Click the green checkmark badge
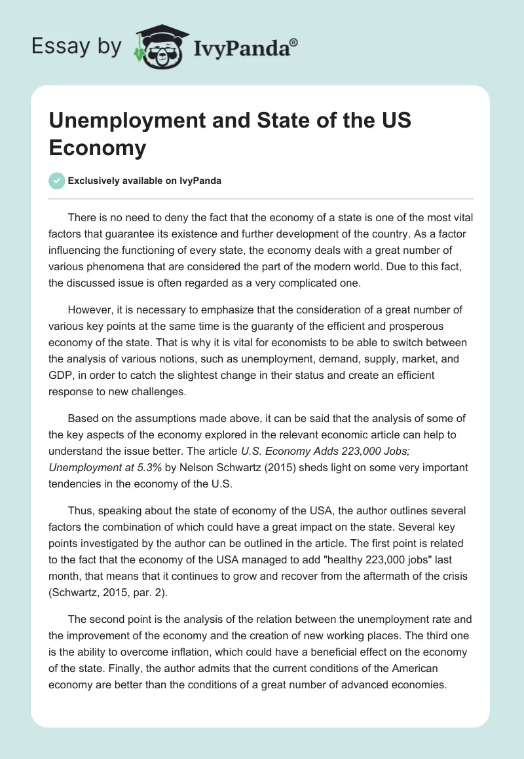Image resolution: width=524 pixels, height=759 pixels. tap(57, 181)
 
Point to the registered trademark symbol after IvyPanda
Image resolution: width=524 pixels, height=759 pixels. tap(293, 42)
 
